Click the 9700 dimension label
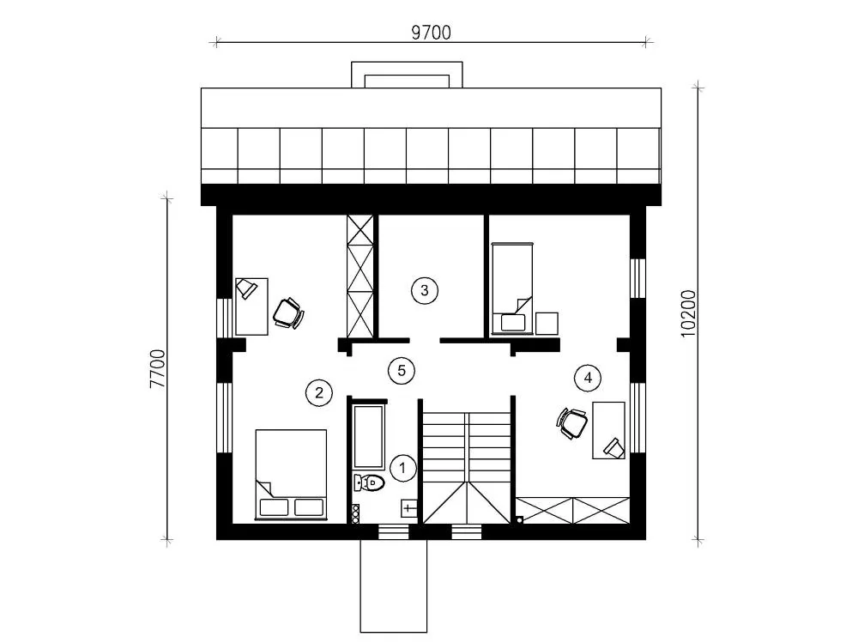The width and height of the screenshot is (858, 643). point(432,33)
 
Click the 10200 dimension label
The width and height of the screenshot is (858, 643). point(688,313)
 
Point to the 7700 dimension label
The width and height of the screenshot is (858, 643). point(157,368)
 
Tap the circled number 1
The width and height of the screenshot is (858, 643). point(403,468)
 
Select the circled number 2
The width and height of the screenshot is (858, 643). point(319,392)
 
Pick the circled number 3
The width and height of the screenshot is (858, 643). point(425,289)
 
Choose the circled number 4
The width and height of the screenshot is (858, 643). point(589,378)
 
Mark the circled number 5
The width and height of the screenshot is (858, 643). point(402,371)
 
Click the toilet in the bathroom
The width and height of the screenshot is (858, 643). point(369,482)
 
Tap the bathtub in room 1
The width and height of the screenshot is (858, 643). point(368,436)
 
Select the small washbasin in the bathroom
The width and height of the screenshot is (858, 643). point(409,507)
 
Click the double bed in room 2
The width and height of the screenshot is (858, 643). point(291,474)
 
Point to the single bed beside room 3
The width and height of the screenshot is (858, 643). point(512,288)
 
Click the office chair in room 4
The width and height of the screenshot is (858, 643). point(571,423)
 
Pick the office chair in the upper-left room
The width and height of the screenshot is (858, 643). point(288,313)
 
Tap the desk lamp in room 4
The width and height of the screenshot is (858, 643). point(614,447)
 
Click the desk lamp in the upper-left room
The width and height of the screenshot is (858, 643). point(246,288)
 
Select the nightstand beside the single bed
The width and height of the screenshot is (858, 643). point(547,323)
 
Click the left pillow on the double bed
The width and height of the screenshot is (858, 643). point(274,507)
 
